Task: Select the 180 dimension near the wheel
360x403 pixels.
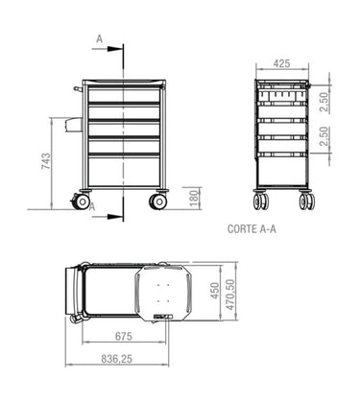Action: pyautogui.click(x=194, y=198)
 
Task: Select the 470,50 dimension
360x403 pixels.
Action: pyautogui.click(x=232, y=292)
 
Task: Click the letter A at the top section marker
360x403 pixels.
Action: pyautogui.click(x=99, y=37)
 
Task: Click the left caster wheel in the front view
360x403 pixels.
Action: pyautogui.click(x=83, y=202)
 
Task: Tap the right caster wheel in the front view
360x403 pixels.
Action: pyautogui.click(x=156, y=201)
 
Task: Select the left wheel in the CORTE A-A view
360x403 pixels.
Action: pyautogui.click(x=260, y=202)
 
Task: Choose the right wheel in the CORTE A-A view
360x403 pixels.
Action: pyautogui.click(x=306, y=202)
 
